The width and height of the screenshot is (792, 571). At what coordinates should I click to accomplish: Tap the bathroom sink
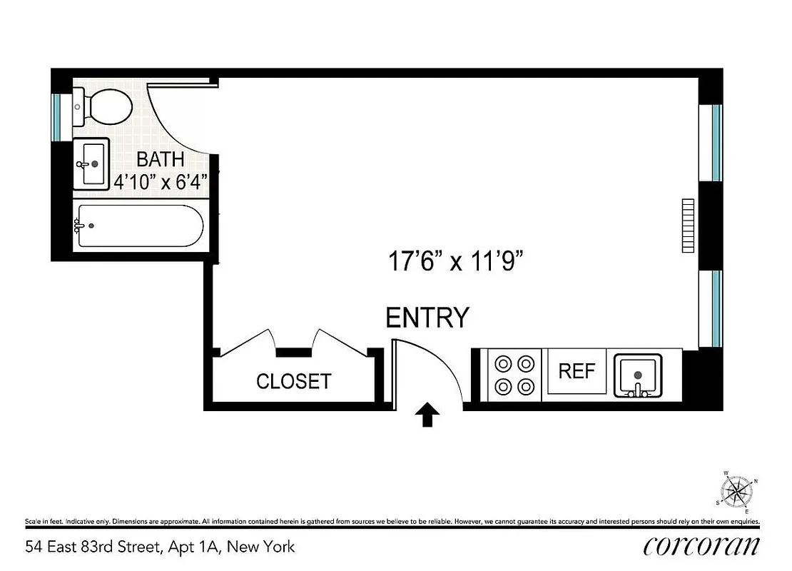pyautogui.click(x=91, y=163)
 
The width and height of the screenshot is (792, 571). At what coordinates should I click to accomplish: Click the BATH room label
pyautogui.click(x=161, y=159)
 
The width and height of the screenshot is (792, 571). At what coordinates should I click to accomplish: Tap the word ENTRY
pyautogui.click(x=427, y=317)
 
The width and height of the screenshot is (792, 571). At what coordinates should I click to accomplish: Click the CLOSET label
pyautogui.click(x=294, y=381)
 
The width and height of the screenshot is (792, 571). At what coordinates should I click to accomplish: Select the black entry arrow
pyautogui.click(x=427, y=415)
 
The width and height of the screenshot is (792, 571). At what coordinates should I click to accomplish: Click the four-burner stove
pyautogui.click(x=515, y=375)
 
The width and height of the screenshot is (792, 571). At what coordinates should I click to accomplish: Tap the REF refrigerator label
pyautogui.click(x=577, y=372)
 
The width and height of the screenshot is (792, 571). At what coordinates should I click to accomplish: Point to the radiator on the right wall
pyautogui.click(x=688, y=226)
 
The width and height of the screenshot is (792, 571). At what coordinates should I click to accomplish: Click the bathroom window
pyautogui.click(x=57, y=117)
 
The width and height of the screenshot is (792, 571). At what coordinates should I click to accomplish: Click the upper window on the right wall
pyautogui.click(x=716, y=142)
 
